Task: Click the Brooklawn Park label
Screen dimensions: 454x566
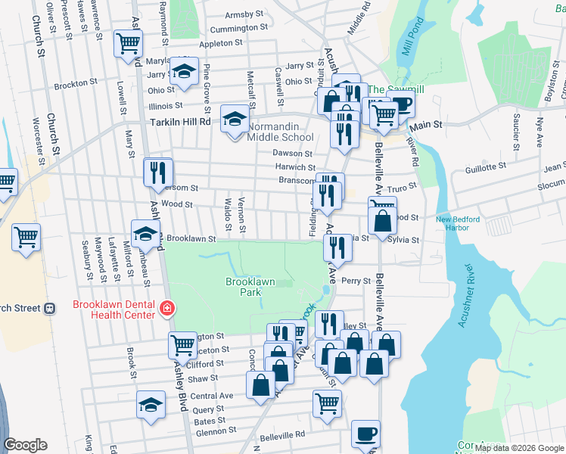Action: [x=250, y=287]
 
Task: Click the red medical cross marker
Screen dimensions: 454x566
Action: [x=166, y=309]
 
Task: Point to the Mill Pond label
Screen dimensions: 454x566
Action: [x=416, y=55]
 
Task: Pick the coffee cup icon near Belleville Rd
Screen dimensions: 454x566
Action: [x=366, y=434]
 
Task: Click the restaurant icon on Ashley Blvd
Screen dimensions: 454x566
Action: [x=158, y=172]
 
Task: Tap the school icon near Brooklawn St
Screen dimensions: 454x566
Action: [x=145, y=233]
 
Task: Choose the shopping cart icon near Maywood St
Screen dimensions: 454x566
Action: [x=26, y=237]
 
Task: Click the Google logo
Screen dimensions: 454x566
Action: [x=26, y=444]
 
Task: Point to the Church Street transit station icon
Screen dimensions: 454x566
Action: [x=51, y=308]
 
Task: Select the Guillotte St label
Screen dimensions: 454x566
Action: [x=485, y=170]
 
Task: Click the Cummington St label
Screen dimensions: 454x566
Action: [x=239, y=27]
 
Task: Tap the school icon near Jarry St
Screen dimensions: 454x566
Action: [x=182, y=70]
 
